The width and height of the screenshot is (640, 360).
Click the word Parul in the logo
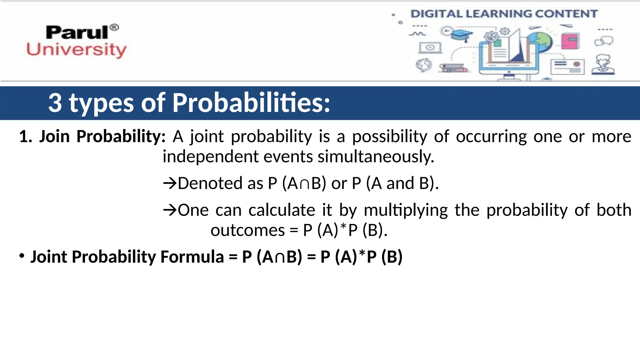[x=77, y=32]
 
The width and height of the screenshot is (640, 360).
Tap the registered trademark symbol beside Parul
[x=115, y=27]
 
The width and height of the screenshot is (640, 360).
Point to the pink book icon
[x=570, y=41]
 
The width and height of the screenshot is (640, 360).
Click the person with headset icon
[x=603, y=65]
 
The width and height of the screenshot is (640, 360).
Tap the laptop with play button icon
[x=430, y=48]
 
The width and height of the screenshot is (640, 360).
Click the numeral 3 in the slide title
[x=55, y=103]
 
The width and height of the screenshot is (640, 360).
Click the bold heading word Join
[x=54, y=137]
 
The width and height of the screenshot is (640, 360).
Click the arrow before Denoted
[x=170, y=183]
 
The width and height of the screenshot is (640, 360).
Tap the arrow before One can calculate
[x=170, y=210]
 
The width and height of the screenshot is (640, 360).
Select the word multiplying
[x=406, y=210]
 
